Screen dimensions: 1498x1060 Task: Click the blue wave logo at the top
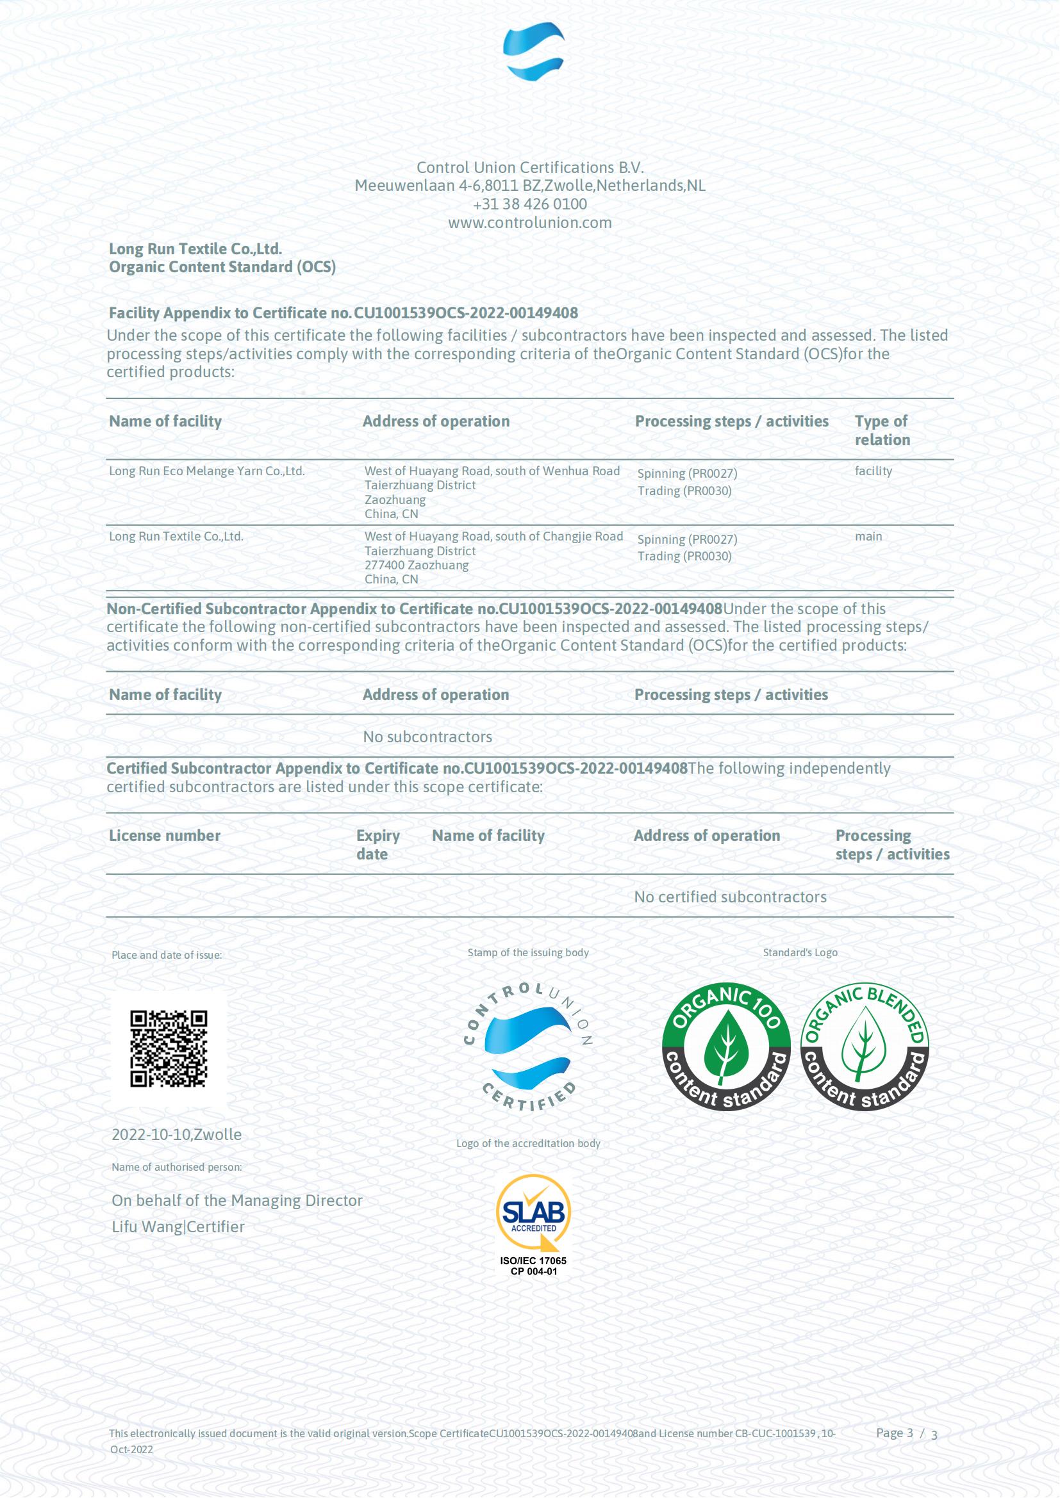[x=533, y=51]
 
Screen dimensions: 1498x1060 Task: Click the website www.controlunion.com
[x=529, y=222]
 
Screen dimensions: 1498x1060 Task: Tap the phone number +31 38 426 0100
[x=529, y=204]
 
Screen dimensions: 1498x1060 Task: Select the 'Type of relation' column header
[x=882, y=430]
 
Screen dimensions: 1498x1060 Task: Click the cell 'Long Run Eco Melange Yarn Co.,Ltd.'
[x=206, y=471]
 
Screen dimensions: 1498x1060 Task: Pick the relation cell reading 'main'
[x=868, y=536]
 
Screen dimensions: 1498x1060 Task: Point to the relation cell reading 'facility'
[x=873, y=471]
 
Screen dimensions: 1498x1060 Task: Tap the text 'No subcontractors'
[x=427, y=737]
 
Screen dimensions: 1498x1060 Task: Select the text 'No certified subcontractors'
[x=730, y=897]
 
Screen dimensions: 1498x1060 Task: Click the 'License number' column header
[x=165, y=836]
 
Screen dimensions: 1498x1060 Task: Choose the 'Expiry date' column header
[x=377, y=845]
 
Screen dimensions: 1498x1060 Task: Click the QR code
[x=169, y=1048]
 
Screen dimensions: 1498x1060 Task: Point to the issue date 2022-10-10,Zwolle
[x=176, y=1135]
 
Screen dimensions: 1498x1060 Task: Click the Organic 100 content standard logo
[x=726, y=1046]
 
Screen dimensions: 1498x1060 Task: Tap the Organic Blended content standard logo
[x=864, y=1046]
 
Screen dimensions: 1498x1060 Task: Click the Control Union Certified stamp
[x=528, y=1047]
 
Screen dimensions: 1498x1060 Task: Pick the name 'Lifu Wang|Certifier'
[x=178, y=1226]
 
